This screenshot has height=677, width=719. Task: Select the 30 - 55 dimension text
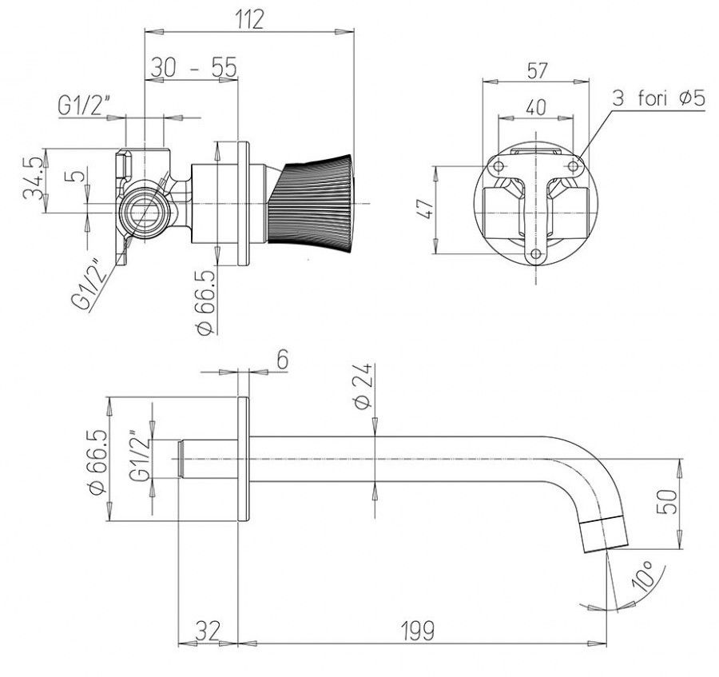(193, 68)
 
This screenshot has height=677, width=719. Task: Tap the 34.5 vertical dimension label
(32, 182)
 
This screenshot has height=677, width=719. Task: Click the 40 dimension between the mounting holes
(535, 105)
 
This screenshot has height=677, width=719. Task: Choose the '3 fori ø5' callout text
(657, 99)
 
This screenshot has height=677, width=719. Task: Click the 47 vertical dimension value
(426, 209)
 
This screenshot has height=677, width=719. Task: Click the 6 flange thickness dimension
(282, 360)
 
